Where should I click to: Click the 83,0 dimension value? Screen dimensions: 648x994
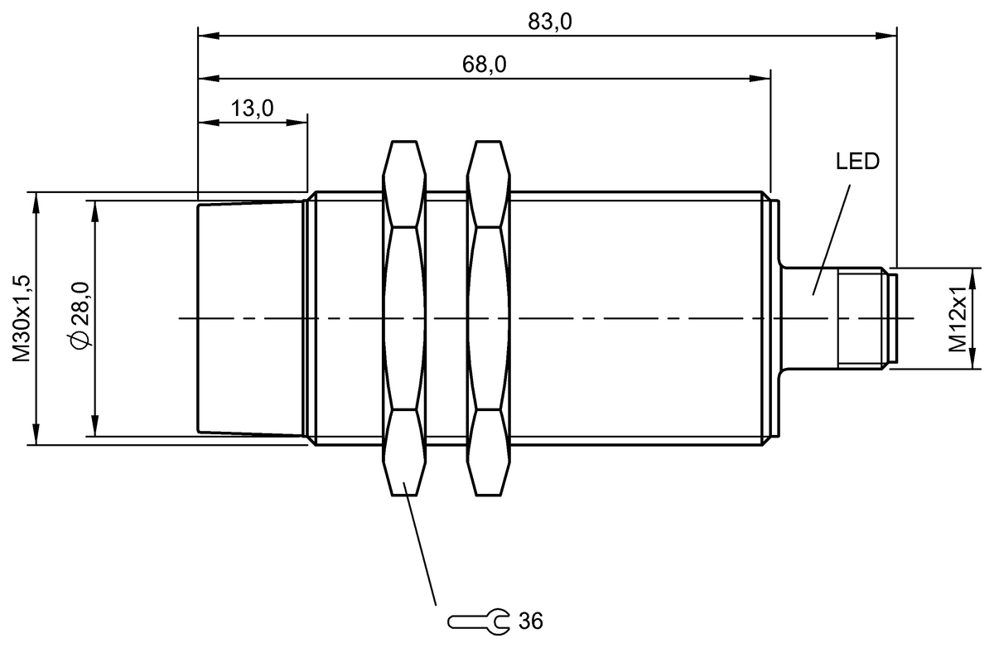point(550,22)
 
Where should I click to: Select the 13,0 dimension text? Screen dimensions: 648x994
point(253,108)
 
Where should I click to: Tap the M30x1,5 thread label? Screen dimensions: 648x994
point(22,318)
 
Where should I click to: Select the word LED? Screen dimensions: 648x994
point(856,162)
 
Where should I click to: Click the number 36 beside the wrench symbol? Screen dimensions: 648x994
point(529,620)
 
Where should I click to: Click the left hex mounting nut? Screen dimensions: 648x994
point(404,318)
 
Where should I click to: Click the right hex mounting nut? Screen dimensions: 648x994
point(487,318)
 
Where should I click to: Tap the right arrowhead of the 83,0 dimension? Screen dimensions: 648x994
point(890,35)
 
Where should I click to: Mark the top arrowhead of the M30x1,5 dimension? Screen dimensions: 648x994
point(36,201)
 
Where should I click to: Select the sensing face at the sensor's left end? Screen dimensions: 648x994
point(199,318)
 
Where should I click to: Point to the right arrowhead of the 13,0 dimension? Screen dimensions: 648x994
point(299,122)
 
